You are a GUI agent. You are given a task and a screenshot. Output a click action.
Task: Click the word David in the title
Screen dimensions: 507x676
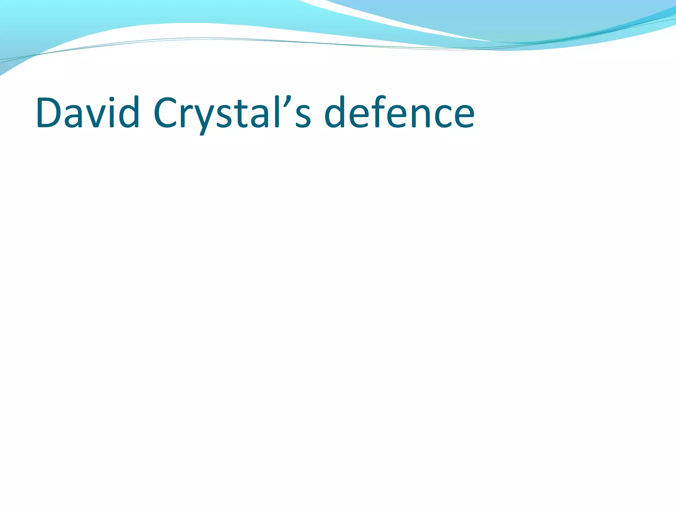[x=88, y=112]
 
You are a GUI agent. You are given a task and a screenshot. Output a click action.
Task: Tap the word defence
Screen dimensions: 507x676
[x=399, y=112]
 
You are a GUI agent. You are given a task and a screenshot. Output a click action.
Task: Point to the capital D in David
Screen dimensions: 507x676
[x=50, y=112]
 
